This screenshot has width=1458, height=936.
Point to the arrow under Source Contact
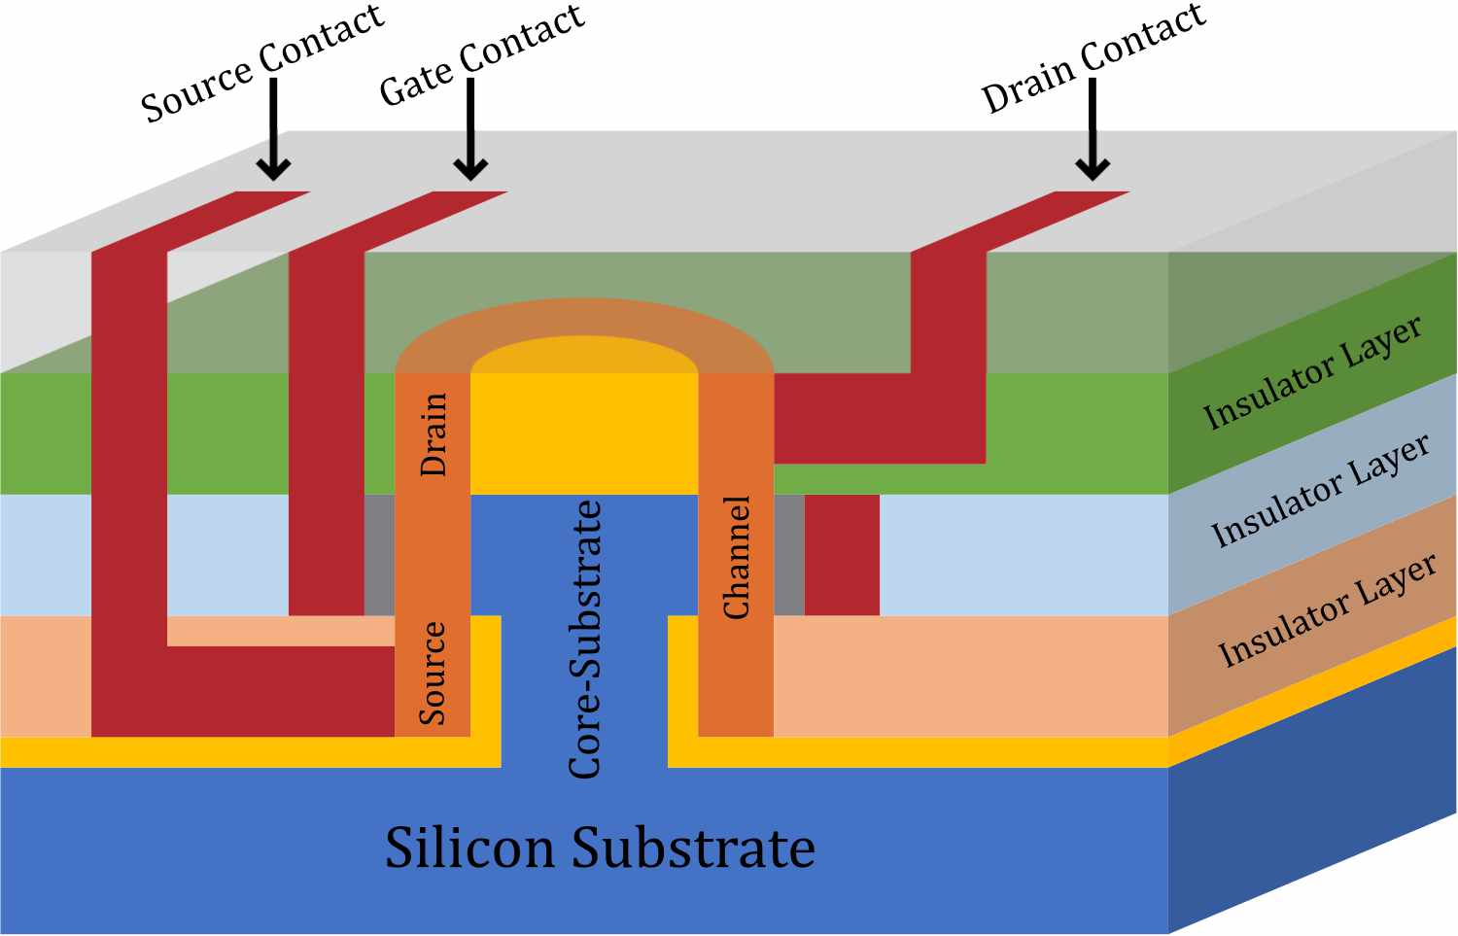point(274,131)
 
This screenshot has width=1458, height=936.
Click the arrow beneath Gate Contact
point(470,131)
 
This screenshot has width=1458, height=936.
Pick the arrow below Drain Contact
point(1093,131)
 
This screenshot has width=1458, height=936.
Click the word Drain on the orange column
point(433,434)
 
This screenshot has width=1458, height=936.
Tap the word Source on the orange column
point(433,674)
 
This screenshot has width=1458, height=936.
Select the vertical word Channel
point(737,557)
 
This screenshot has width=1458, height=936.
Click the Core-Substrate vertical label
point(585,640)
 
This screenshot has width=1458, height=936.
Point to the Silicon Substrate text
point(600,848)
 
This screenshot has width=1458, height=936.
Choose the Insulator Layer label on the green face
point(1312,372)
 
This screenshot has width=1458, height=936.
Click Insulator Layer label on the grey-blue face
point(1320,491)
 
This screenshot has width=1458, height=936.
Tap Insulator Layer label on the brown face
point(1327,610)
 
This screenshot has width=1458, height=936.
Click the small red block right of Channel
point(842,555)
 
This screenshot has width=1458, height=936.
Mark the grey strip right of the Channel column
point(789,555)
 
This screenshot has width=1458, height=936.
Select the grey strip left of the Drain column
point(380,555)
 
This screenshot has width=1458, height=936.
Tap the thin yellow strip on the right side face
point(1312,690)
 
